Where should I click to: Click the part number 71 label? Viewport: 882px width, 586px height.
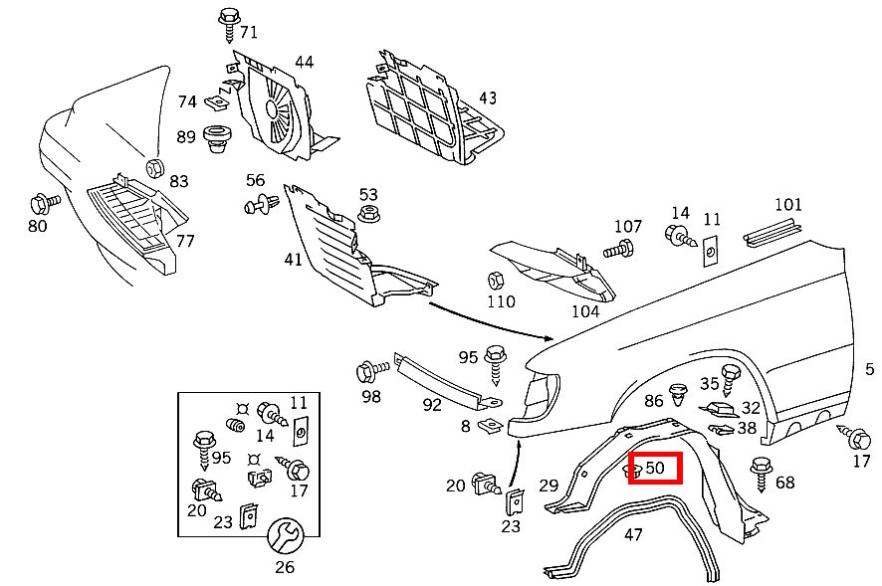248,33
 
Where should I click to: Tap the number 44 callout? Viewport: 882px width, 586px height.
304,62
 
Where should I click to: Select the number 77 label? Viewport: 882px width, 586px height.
185,241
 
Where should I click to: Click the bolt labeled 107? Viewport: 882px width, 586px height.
622,248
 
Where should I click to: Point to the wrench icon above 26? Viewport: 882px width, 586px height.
285,537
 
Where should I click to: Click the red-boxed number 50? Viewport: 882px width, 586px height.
655,468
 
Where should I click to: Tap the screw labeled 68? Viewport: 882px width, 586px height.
763,469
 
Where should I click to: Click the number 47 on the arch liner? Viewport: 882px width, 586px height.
633,534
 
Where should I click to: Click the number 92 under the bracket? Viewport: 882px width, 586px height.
431,405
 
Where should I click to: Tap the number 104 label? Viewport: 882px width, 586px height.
585,310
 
